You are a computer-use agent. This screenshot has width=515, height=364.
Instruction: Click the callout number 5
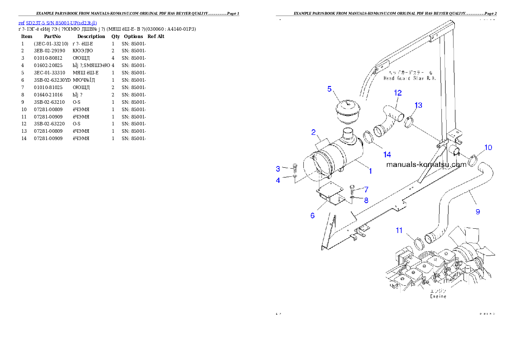329,89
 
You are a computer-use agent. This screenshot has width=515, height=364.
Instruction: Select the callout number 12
398,93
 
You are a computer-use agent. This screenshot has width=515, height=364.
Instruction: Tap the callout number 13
418,105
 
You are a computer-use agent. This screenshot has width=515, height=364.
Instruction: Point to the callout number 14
386,154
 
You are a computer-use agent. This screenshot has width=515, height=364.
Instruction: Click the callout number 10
488,148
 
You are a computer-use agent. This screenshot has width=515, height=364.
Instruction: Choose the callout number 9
477,212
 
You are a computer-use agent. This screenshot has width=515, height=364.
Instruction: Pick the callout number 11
399,230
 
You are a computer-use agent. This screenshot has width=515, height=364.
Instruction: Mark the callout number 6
312,216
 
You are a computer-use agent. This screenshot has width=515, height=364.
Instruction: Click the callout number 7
366,189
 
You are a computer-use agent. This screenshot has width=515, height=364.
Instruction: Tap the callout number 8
366,200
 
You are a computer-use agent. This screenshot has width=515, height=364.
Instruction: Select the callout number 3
278,168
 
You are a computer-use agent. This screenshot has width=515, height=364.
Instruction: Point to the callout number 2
313,132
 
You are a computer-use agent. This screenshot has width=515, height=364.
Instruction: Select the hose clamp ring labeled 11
419,243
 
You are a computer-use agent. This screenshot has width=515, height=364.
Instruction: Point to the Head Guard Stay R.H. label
409,78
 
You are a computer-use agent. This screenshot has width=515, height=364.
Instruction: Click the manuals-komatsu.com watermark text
423,165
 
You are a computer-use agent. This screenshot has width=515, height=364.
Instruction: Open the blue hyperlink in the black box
58,22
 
